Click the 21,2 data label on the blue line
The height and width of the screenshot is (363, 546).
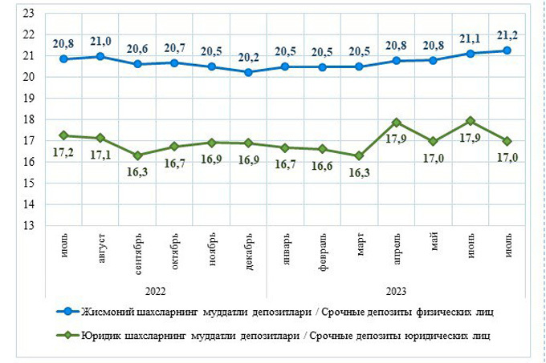[x=507, y=34]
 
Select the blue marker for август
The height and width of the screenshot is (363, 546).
[x=100, y=56]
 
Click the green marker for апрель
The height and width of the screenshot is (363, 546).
[x=396, y=123]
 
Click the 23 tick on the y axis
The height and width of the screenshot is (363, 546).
[x=28, y=14]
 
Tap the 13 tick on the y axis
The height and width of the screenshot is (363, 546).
[x=28, y=226]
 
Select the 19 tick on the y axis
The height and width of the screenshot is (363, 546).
[x=28, y=99]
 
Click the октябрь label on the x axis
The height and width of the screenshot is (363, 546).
[x=174, y=252]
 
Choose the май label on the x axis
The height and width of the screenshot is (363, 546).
[x=434, y=244]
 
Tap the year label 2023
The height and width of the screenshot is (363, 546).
[x=396, y=291]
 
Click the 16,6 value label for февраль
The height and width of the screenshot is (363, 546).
[x=322, y=164]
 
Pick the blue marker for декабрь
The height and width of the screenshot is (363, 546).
[x=248, y=72]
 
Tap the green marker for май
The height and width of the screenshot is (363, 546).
[x=434, y=141]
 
